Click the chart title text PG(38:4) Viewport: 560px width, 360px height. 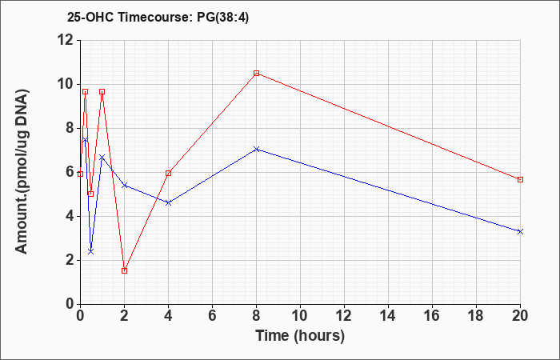[222, 17]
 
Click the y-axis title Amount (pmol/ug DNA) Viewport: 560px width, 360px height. [22, 171]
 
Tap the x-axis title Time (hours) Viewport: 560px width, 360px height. [300, 336]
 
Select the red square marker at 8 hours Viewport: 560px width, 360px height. [256, 74]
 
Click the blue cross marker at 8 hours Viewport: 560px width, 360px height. [256, 149]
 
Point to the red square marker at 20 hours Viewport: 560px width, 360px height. [520, 179]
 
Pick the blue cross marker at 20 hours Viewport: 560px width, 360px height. [520, 231]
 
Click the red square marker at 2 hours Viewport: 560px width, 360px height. [124, 270]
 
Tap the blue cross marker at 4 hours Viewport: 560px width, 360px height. [168, 203]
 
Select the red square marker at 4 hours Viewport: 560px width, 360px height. [168, 174]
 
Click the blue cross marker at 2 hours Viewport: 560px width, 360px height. [124, 185]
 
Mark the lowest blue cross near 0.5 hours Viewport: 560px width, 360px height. [90, 251]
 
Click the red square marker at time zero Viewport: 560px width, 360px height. [80, 174]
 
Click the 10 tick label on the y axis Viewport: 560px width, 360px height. [66, 84]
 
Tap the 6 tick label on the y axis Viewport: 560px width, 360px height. [70, 172]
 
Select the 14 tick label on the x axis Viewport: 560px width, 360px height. [388, 315]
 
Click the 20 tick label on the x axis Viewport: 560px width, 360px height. [520, 315]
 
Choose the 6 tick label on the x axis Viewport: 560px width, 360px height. [212, 315]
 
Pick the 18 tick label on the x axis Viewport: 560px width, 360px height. [476, 315]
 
